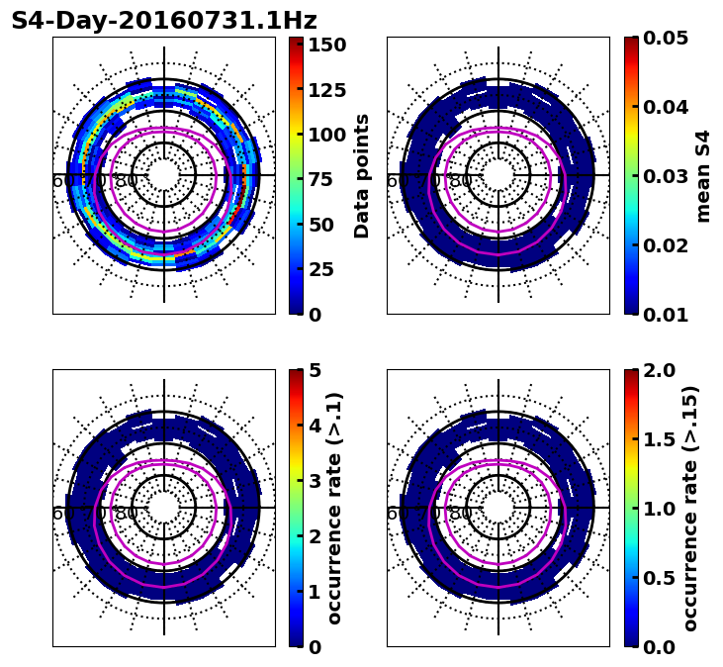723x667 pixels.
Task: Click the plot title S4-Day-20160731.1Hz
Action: [x=164, y=21]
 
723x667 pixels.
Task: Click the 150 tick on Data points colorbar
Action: [x=324, y=45]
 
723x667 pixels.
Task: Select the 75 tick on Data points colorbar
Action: [x=324, y=180]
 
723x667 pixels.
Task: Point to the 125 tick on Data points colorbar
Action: [x=324, y=90]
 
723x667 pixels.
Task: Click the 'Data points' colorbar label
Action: [x=362, y=175]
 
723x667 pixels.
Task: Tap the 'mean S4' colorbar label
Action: [x=703, y=175]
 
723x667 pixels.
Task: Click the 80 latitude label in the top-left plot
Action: [x=127, y=181]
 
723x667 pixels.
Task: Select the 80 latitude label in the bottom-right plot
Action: [x=461, y=514]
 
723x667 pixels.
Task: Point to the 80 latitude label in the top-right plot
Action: [x=461, y=181]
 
